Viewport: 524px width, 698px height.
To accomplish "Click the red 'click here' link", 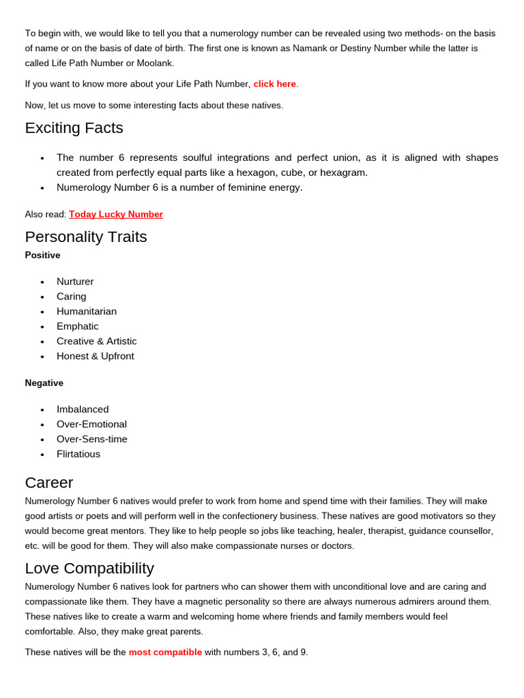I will pos(274,84).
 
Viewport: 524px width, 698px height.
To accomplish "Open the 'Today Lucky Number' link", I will pos(116,214).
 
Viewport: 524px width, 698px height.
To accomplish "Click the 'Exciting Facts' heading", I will pos(74,128).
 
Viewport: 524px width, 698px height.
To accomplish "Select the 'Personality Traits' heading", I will pos(86,237).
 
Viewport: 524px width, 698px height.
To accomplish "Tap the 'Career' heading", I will pos(49,483).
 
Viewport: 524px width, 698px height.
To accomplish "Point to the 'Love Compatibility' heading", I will pos(89,568).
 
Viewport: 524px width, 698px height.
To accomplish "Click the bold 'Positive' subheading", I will pos(42,255).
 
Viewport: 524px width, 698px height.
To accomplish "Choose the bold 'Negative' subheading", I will pos(44,383).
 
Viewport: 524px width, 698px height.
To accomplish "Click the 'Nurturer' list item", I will pos(75,282).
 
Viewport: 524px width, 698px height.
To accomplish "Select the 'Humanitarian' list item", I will pos(87,312).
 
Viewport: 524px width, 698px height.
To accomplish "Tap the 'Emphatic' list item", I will pos(77,327).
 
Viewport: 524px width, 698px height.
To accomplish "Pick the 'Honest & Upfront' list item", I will pos(96,356).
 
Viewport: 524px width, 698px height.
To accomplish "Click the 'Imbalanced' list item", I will pos(83,410).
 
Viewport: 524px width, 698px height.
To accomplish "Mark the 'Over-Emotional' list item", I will pos(91,425).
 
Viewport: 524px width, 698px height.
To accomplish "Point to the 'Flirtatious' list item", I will pos(78,455).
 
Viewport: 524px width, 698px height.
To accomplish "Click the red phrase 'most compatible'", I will pos(165,652).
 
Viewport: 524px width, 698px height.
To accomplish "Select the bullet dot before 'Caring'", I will pos(42,297).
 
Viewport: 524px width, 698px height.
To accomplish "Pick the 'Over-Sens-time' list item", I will pos(92,440).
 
